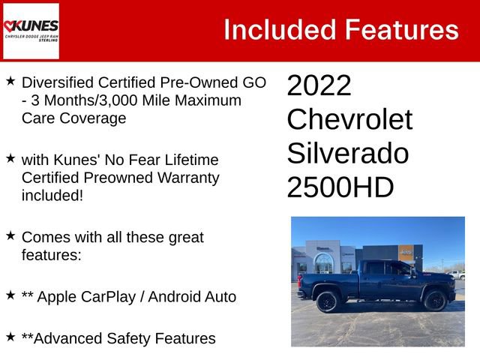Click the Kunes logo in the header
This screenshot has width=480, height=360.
point(31,31)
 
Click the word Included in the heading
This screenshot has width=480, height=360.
point(280,30)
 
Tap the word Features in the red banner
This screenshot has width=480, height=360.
point(401,30)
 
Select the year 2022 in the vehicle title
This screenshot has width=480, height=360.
point(319,86)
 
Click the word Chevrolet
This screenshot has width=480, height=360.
point(349,120)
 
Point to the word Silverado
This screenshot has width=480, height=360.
point(347,154)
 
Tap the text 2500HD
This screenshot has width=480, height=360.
point(340,187)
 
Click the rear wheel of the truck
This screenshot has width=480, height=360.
point(326,301)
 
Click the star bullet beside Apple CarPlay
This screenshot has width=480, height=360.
point(10,295)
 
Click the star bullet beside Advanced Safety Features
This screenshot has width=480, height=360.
point(10,337)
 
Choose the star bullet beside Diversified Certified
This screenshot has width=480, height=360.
point(10,79)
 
